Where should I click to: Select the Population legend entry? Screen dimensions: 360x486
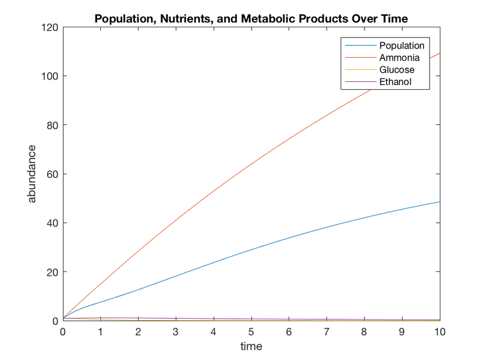pyautogui.click(x=402, y=46)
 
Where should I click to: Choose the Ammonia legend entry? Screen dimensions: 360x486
pyautogui.click(x=399, y=58)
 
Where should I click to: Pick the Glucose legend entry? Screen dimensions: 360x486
pyautogui.click(x=397, y=70)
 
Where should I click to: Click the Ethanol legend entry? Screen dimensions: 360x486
pyautogui.click(x=395, y=82)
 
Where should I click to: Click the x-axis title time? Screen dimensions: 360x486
pyautogui.click(x=251, y=347)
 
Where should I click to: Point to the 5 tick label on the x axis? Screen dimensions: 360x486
pyautogui.click(x=251, y=331)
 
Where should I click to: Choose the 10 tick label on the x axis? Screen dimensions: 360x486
pyautogui.click(x=439, y=331)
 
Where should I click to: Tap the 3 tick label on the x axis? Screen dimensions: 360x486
pyautogui.click(x=176, y=331)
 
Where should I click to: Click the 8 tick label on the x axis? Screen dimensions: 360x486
pyautogui.click(x=364, y=331)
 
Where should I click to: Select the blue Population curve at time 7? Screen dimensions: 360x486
pyautogui.click(x=326, y=228)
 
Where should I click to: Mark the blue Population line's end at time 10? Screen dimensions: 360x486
pyautogui.click(x=439, y=202)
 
